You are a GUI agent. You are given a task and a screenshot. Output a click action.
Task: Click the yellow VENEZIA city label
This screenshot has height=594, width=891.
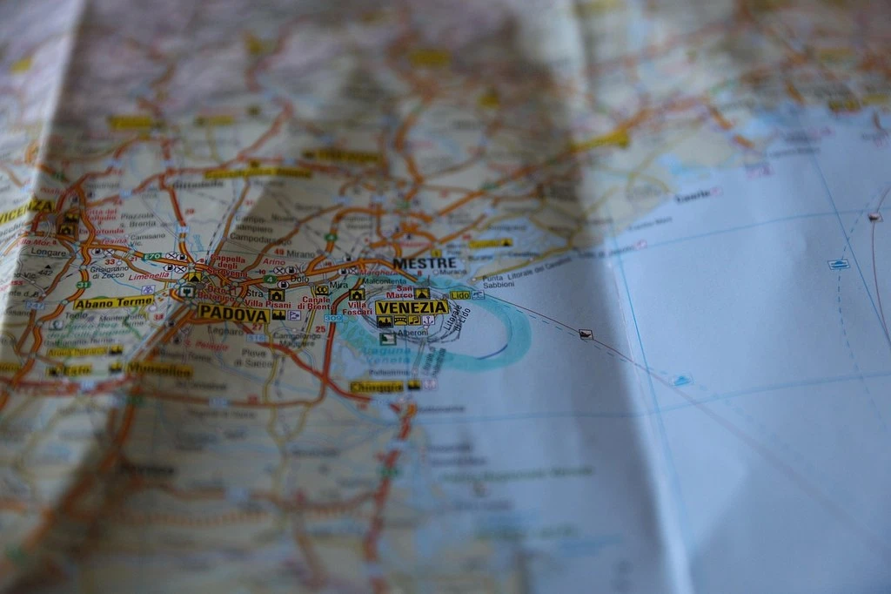[412, 307]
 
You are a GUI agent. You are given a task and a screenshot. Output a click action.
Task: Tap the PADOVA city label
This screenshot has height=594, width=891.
[232, 313]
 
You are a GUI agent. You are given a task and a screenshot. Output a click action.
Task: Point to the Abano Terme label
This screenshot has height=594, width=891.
[113, 303]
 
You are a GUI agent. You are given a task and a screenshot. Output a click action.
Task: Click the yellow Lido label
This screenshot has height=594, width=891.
[459, 295]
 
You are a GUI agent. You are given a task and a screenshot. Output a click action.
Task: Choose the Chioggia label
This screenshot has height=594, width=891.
[377, 387]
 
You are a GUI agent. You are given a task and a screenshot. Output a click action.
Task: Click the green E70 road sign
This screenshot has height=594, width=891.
[153, 257]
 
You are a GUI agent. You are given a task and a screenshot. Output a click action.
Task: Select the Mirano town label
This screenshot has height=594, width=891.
[300, 253]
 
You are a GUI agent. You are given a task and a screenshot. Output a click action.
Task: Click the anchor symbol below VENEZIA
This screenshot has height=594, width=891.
[428, 321]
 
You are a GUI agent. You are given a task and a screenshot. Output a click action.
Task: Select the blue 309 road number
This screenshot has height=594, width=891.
[332, 319]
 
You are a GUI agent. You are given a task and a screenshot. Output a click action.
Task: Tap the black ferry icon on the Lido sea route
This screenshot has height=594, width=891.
[586, 334]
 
